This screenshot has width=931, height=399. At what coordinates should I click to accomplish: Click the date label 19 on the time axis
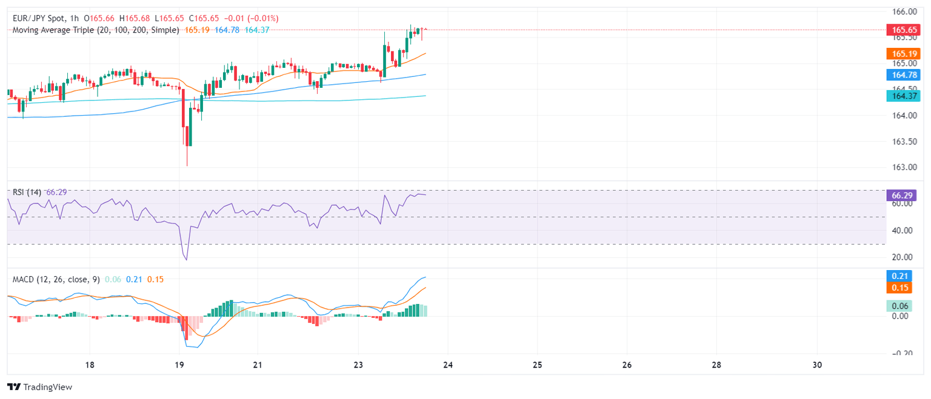[179, 365]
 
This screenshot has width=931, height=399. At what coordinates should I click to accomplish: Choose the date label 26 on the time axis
[627, 365]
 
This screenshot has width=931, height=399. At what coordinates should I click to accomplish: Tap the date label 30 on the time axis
[816, 365]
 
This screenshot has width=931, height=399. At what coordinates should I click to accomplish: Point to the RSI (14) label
[27, 192]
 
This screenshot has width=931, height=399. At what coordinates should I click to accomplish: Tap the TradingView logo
[40, 387]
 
